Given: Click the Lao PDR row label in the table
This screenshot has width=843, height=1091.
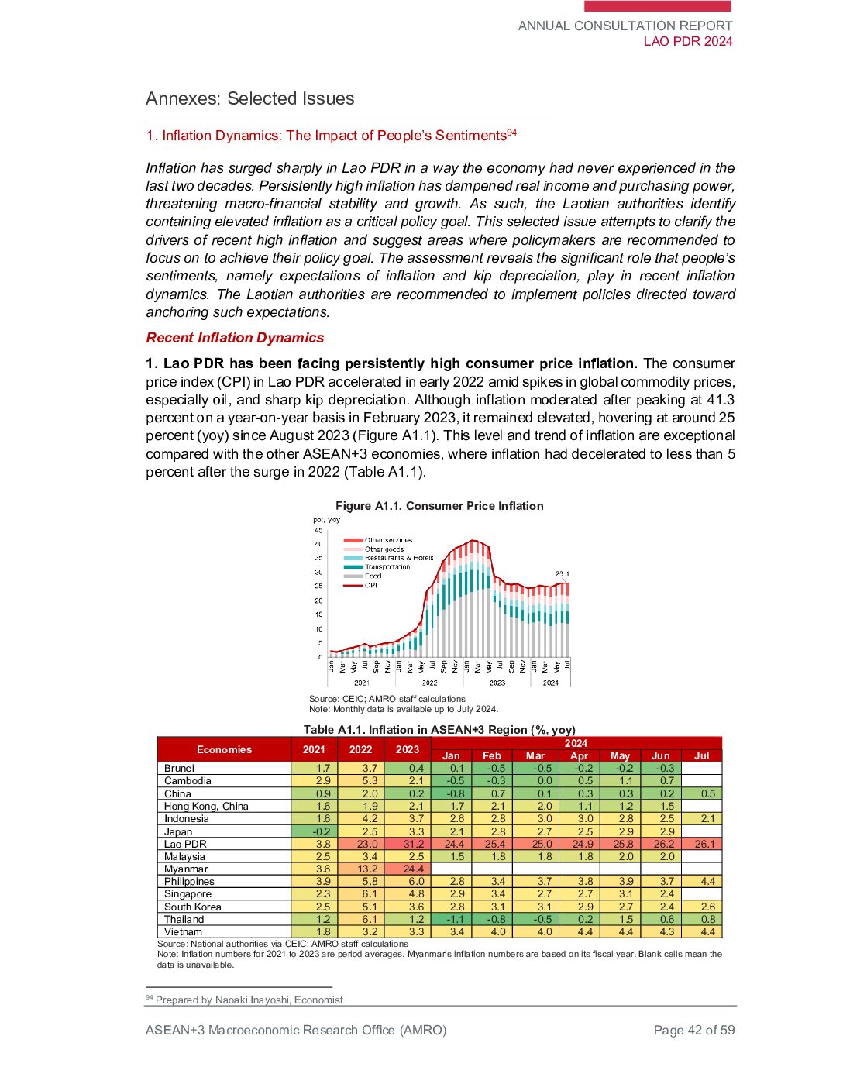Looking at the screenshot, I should click(x=185, y=844).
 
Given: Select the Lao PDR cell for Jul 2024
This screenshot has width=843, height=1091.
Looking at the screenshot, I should click(x=702, y=844).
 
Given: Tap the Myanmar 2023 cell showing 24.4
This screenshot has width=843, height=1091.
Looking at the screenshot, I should click(x=408, y=869).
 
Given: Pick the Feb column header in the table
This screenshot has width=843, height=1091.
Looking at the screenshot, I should click(x=492, y=755).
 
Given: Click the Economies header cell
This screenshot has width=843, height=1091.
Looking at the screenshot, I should click(x=224, y=749).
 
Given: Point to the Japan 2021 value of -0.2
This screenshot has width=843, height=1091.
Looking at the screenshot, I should click(x=314, y=831).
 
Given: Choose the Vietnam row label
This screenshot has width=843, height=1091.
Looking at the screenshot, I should click(x=183, y=931).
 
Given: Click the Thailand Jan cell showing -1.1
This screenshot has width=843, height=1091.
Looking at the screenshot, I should click(x=451, y=919).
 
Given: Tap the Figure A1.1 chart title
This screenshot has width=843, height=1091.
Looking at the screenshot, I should click(x=439, y=506).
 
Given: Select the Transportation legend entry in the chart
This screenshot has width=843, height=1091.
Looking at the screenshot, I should click(x=387, y=566).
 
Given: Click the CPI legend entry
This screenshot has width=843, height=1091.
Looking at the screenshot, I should click(x=371, y=585).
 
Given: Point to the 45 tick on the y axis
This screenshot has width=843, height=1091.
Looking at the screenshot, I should click(x=318, y=530).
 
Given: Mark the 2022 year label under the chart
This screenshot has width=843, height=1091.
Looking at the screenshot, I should click(x=429, y=683).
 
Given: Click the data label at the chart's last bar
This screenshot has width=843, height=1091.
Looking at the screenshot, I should click(x=562, y=574).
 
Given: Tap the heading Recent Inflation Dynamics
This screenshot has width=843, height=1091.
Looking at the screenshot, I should click(x=235, y=338).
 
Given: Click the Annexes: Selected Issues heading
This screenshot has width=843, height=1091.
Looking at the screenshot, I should click(x=249, y=98).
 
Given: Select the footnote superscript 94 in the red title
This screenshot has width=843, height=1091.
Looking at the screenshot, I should click(x=512, y=133).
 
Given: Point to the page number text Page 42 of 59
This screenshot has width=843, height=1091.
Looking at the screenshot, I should click(x=693, y=1030).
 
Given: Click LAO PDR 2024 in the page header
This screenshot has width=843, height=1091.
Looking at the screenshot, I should click(x=687, y=41).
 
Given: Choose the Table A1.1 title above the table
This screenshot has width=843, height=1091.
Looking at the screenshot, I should click(x=439, y=730).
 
